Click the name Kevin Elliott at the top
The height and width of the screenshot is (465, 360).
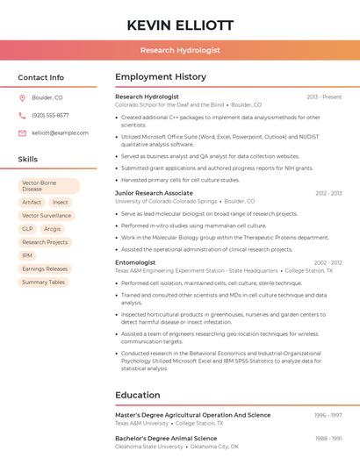[x=179, y=25]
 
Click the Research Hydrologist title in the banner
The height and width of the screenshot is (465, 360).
[x=180, y=51]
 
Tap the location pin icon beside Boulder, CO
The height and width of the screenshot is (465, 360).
[x=22, y=97]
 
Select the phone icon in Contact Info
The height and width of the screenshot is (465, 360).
[x=22, y=115]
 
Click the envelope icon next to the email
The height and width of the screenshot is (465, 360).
[x=22, y=132]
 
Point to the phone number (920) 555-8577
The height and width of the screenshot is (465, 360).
[x=50, y=115]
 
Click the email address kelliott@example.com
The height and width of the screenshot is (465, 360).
[x=60, y=132]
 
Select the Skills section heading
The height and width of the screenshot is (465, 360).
[x=28, y=159]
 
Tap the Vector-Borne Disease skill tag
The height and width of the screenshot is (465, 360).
[x=48, y=185]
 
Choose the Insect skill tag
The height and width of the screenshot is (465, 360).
[x=60, y=202]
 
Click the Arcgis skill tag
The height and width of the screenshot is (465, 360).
[x=53, y=229]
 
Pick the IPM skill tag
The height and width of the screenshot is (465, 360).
[x=27, y=255]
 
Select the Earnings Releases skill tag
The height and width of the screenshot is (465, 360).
[x=45, y=268]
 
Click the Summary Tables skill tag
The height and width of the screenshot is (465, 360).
[x=44, y=282]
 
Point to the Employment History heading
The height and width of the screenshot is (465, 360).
[x=160, y=77]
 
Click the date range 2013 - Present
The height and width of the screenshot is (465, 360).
[x=324, y=97]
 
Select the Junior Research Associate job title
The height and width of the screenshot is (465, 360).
[x=154, y=193]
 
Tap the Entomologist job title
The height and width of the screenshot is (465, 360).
[x=135, y=262]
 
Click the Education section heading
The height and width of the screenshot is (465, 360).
[x=138, y=395]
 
